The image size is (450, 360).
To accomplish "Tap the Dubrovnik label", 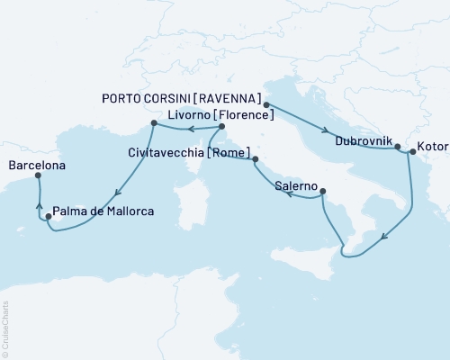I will pyautogui.click(x=363, y=141).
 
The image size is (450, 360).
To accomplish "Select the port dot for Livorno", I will pyautogui.click(x=154, y=122).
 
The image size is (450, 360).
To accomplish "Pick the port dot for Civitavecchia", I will pyautogui.click(x=256, y=160).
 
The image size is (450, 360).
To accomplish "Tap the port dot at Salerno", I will pyautogui.click(x=322, y=190).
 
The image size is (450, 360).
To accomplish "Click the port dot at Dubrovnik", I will pyautogui.click(x=397, y=147).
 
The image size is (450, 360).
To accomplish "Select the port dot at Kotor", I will pyautogui.click(x=411, y=152).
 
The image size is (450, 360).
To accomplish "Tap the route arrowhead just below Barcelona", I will pyautogui.click(x=39, y=204).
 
